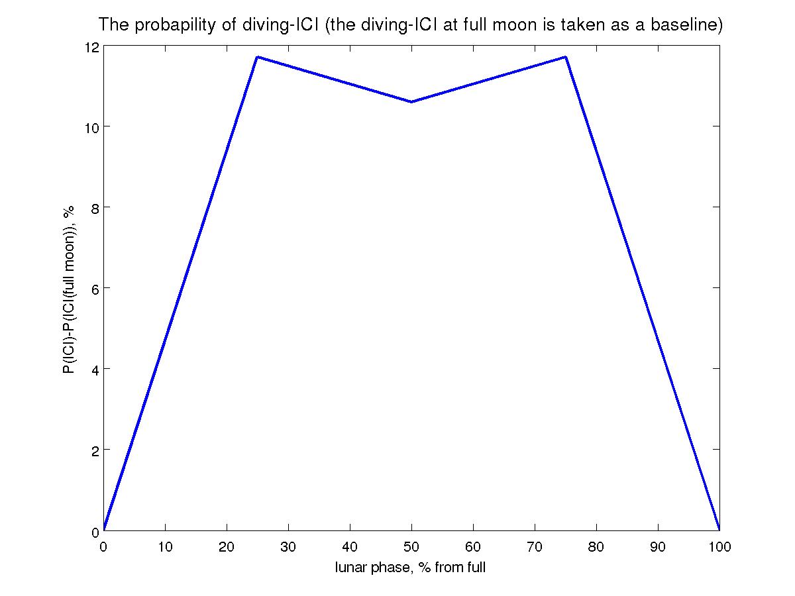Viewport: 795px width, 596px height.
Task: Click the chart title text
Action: pyautogui.click(x=410, y=26)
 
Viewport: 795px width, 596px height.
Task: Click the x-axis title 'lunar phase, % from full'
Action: pyautogui.click(x=411, y=567)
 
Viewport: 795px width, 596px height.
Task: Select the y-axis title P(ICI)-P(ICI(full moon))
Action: pyautogui.click(x=69, y=289)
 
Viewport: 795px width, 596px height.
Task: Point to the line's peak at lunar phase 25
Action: pyautogui.click(x=257, y=57)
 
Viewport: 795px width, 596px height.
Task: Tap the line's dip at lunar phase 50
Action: pyautogui.click(x=411, y=102)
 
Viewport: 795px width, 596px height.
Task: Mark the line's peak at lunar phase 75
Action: pyautogui.click(x=565, y=57)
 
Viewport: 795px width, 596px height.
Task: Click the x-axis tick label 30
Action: pyautogui.click(x=288, y=547)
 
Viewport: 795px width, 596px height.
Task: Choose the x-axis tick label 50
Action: pyautogui.click(x=411, y=547)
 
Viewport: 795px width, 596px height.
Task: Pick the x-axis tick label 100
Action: pyautogui.click(x=719, y=547)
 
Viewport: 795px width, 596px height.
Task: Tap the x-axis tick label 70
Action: pyautogui.click(x=535, y=547)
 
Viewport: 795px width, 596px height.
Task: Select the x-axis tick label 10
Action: pyautogui.click(x=165, y=547)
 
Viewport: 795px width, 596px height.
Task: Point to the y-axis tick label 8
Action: pyautogui.click(x=94, y=208)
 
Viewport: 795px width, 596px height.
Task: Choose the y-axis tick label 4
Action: pyautogui.click(x=94, y=370)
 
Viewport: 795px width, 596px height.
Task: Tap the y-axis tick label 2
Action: pyautogui.click(x=94, y=450)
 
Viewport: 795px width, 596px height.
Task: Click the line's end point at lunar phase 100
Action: pyautogui.click(x=719, y=530)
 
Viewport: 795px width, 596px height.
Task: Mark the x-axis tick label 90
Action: pyautogui.click(x=658, y=547)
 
